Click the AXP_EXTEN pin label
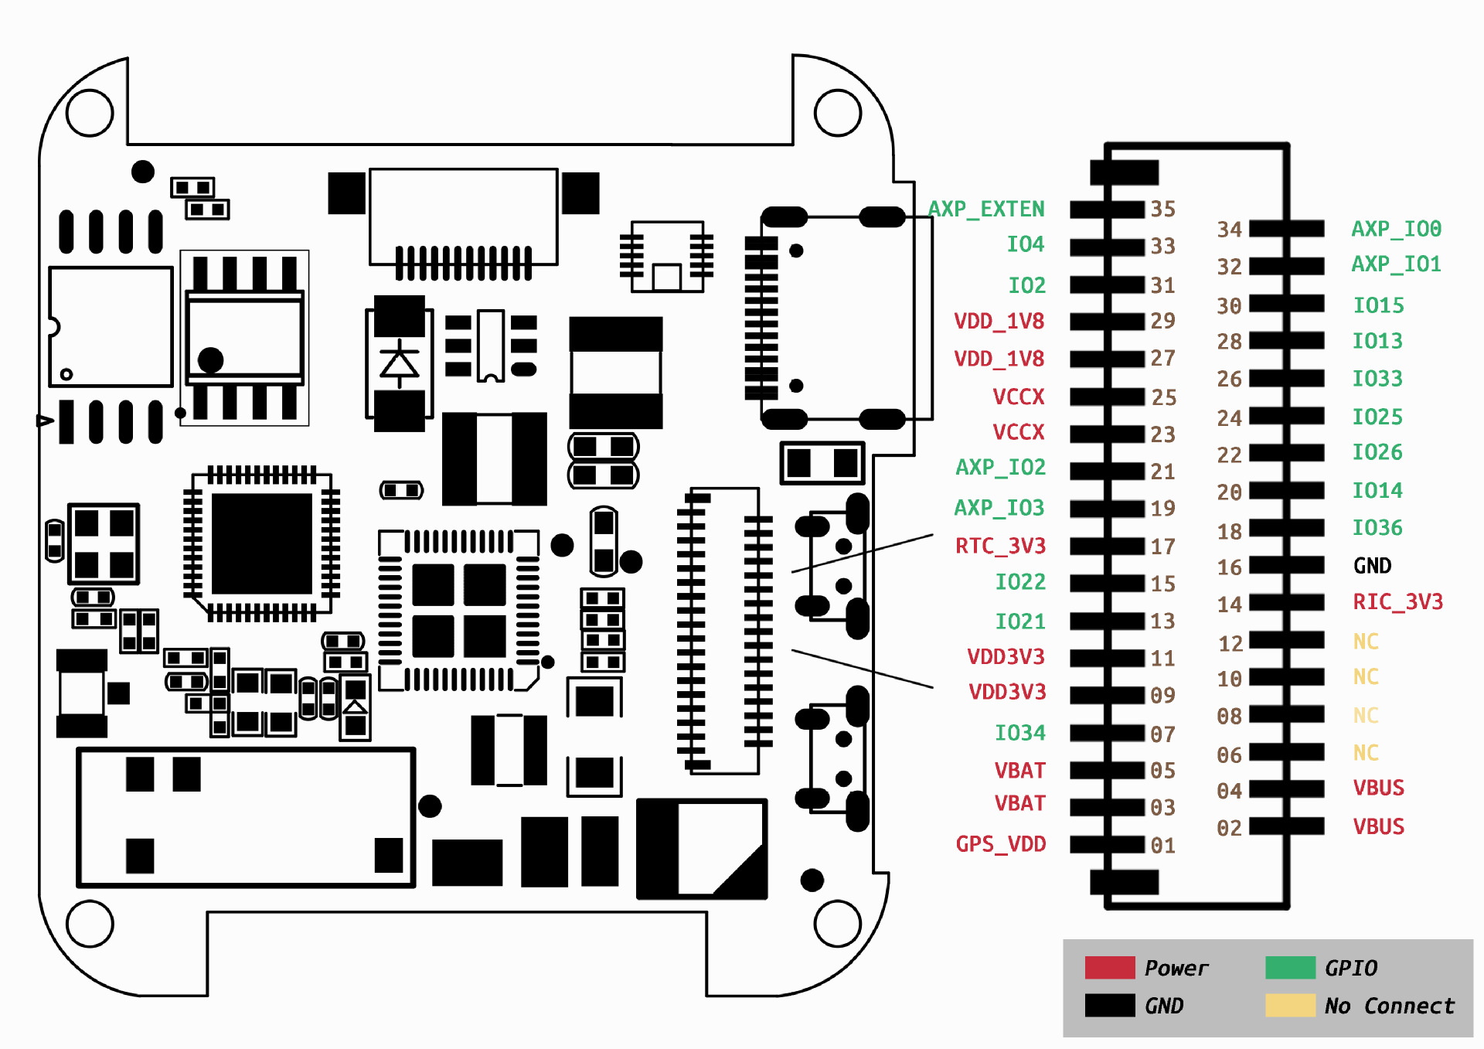(986, 209)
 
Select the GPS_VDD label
(1000, 844)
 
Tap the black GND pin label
(1372, 566)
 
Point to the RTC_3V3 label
(1000, 546)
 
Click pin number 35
(1162, 209)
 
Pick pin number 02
(1229, 828)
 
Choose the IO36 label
(1377, 528)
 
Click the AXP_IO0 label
(1396, 229)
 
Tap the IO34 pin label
(1019, 732)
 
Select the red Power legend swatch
(1109, 968)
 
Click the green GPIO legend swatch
(1290, 968)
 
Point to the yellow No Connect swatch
(1290, 1006)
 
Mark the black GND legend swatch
(1109, 1006)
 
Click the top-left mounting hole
(90, 113)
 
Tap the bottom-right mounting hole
(837, 923)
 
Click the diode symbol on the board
(400, 363)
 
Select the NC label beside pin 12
(1366, 642)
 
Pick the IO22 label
(1019, 582)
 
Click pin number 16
(1229, 567)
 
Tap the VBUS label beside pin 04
(1378, 788)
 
